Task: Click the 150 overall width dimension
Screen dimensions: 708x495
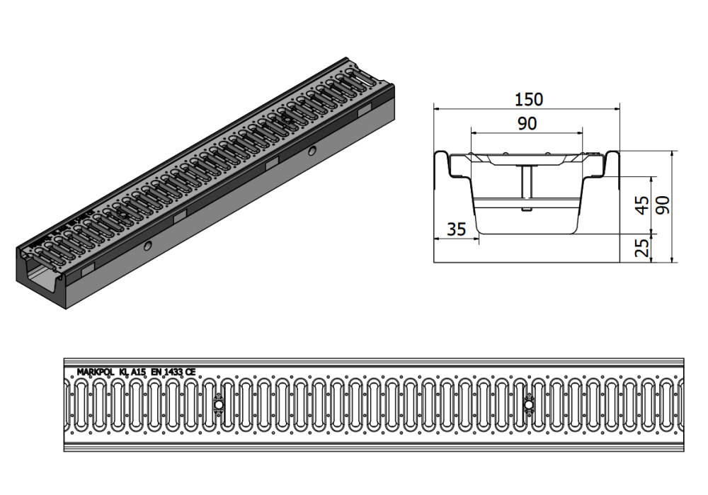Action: [529, 99]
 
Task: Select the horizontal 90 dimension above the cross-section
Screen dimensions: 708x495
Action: [527, 123]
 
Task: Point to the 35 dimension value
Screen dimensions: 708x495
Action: [456, 229]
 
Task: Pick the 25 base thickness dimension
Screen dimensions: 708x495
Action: [642, 247]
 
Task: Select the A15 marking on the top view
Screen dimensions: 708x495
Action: [137, 372]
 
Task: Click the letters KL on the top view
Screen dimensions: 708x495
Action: [123, 372]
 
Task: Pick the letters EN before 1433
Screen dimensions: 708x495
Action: [156, 372]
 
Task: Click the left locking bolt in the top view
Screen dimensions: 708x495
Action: [219, 405]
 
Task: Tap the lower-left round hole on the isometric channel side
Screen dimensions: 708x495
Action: [148, 246]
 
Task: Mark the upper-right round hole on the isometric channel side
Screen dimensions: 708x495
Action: [312, 150]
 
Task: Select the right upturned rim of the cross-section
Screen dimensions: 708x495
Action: [610, 165]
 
